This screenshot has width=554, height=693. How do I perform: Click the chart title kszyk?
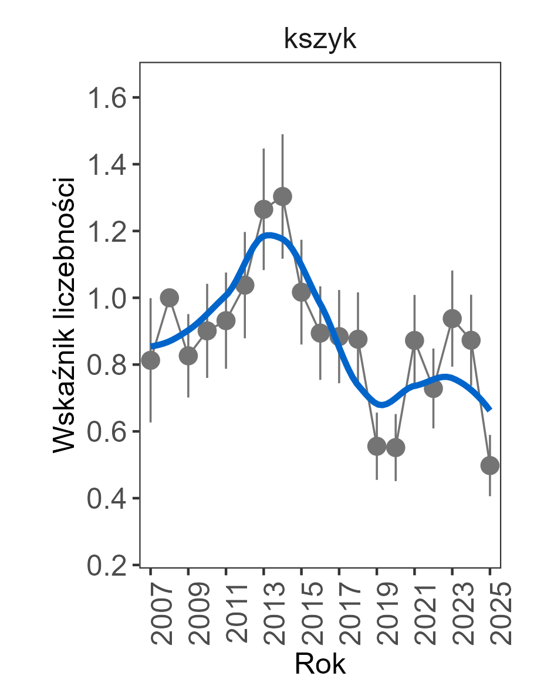320,39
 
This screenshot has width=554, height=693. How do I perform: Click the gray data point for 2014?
282,196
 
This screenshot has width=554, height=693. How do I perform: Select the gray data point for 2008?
169,298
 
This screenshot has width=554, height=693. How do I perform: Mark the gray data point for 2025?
490,465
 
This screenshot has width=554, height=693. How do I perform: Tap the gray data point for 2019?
377,446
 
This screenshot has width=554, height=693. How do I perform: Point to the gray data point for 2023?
452,319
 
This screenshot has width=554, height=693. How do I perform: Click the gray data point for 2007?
150,360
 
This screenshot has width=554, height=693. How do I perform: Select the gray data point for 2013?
264,209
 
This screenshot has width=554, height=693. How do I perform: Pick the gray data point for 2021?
414,340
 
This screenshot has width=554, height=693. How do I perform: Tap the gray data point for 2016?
320,333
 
